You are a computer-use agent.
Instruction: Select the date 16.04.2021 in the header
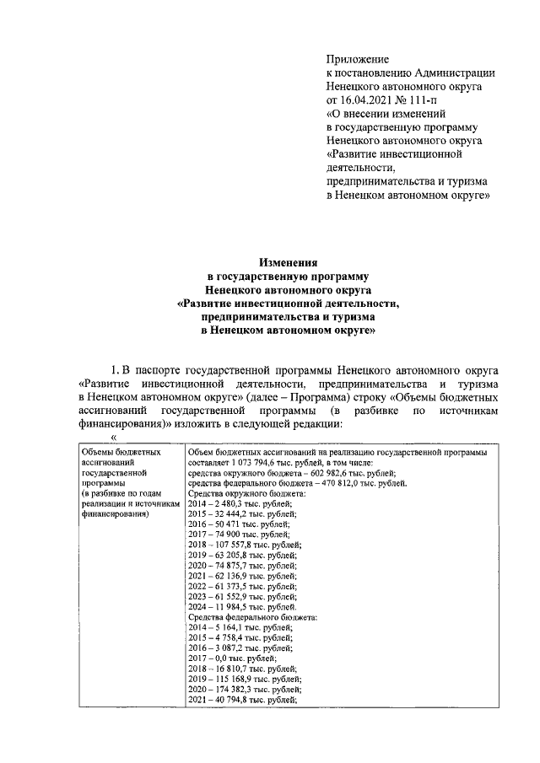click(370, 99)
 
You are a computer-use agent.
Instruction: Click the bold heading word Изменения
click(287, 262)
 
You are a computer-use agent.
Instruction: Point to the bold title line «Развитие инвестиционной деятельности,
click(287, 303)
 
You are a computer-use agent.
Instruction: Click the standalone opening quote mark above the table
click(113, 438)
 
